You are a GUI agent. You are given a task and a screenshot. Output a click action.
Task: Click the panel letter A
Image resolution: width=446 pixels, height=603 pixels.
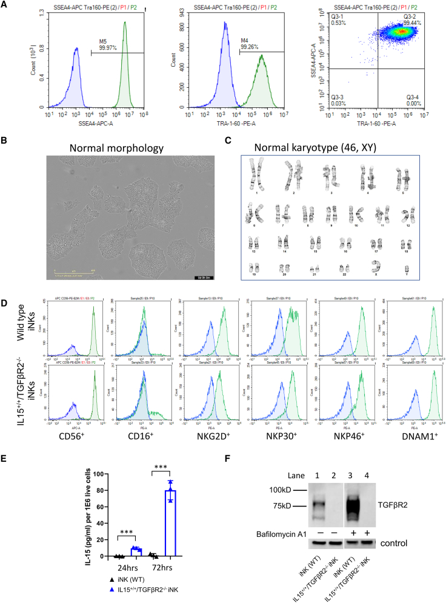5,5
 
